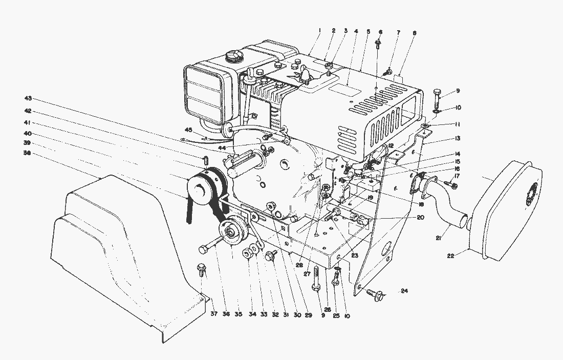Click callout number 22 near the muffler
click(x=450, y=256)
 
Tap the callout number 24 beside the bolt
click(x=404, y=292)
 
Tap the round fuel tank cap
click(x=234, y=55)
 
